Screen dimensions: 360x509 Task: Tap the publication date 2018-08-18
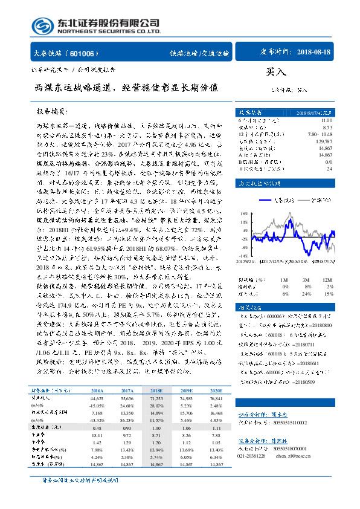pos(315,53)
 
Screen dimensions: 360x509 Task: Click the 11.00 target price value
pos(326,121)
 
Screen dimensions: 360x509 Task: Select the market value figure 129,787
pos(324,140)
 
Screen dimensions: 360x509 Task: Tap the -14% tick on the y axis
pos(245,256)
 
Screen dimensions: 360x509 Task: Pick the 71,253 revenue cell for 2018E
pos(156,398)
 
